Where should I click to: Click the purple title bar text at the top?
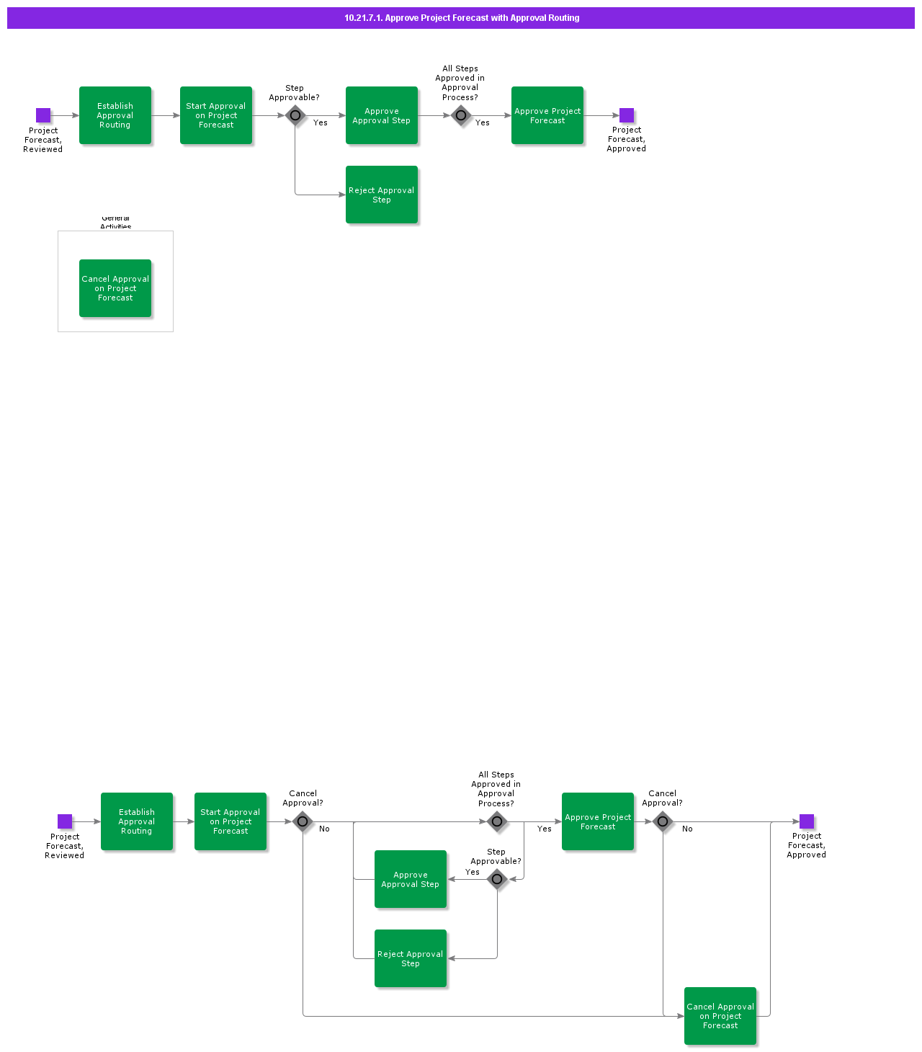coord(462,18)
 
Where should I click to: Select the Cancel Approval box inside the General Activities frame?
coord(115,288)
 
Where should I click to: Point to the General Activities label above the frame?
coord(115,223)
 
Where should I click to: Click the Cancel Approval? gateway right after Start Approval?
coord(303,821)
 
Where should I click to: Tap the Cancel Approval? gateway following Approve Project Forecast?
coord(663,821)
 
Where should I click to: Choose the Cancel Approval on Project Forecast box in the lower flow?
coord(720,1016)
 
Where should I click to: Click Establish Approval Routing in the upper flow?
coord(115,115)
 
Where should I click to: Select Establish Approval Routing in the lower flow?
coord(137,821)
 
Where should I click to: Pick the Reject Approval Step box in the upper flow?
coord(382,195)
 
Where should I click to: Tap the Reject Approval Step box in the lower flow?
coord(411,958)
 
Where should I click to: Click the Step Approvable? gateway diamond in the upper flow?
coord(295,115)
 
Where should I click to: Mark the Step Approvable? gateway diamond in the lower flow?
coord(497,879)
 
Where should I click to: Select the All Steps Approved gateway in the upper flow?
coord(461,115)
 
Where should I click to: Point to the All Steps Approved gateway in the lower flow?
coord(497,821)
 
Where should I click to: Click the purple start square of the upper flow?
coord(43,115)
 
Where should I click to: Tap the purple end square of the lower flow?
coord(807,821)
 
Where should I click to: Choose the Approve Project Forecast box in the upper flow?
coord(547,115)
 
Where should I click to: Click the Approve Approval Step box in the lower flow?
coord(411,879)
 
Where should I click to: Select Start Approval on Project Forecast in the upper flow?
coord(216,115)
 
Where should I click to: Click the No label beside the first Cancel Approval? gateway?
coord(325,829)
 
